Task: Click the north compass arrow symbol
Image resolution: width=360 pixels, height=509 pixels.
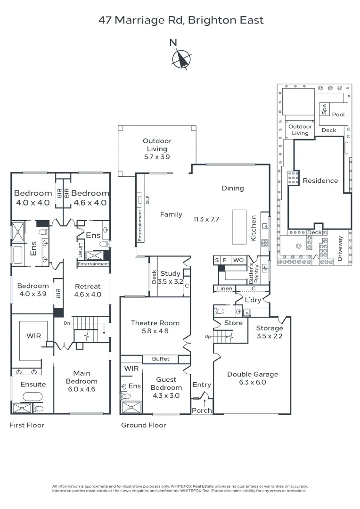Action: point(181,60)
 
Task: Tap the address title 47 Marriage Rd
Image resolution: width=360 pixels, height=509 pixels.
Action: point(181,20)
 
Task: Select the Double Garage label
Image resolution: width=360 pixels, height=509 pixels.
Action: point(253,378)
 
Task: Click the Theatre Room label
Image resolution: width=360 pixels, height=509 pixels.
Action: point(155,327)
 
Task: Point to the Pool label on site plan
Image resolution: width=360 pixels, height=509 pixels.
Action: point(338,115)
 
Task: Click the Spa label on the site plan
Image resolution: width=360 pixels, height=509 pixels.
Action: point(324,109)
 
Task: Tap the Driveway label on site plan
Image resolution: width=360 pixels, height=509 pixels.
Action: point(341,248)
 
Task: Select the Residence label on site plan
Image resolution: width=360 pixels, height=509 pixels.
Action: point(320,181)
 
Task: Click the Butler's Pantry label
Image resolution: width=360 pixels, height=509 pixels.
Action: point(257,272)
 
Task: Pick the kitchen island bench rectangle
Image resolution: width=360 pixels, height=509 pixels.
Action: point(239,227)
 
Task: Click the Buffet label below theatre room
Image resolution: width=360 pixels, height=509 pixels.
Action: point(160,359)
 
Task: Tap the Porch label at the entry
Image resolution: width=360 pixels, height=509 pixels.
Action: point(202,410)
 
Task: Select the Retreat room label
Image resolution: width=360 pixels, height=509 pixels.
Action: point(88,290)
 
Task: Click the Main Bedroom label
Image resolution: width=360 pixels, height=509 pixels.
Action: point(82,381)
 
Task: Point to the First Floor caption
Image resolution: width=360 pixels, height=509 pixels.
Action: point(27,425)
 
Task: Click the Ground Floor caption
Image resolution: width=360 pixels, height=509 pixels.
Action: point(144,425)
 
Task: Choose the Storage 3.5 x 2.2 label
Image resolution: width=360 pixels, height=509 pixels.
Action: point(270,332)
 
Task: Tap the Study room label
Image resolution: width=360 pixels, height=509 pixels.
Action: point(170,277)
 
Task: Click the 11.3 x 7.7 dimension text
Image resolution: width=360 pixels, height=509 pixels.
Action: point(206,219)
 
